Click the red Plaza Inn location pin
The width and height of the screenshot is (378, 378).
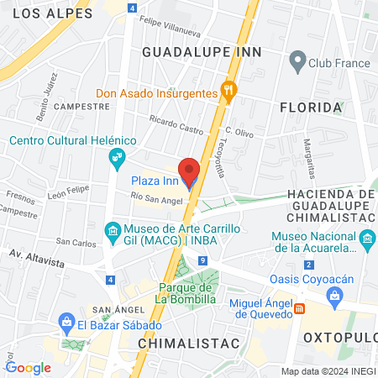click(x=190, y=171)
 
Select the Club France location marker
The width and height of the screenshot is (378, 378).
click(x=296, y=60)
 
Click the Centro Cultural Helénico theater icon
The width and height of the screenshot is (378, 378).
click(x=116, y=156)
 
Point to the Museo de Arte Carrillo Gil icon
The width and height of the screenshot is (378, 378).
click(x=112, y=230)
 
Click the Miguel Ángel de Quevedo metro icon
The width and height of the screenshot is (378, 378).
click(x=300, y=308)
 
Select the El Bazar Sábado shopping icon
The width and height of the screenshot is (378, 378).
click(x=66, y=321)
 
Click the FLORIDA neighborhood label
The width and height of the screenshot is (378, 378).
click(x=311, y=108)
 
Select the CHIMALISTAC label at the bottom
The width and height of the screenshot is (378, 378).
click(x=188, y=344)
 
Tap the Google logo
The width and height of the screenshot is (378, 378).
click(x=28, y=367)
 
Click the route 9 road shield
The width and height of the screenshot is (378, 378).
click(x=203, y=261)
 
